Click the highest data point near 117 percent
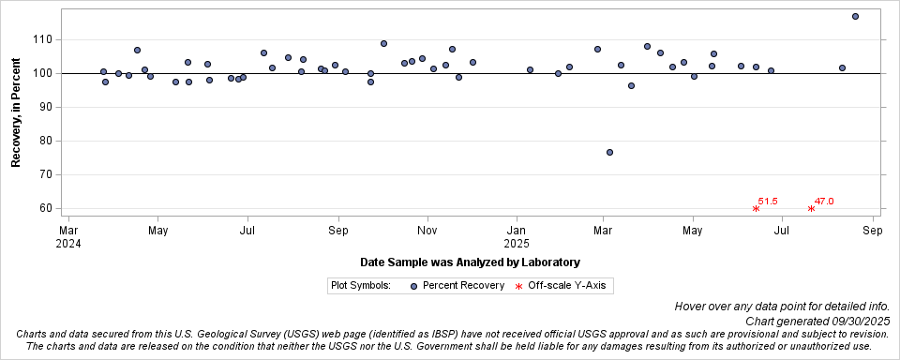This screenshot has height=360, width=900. click(x=855, y=16)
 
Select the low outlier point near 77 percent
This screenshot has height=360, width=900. click(x=609, y=152)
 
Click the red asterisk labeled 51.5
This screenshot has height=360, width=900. click(x=756, y=208)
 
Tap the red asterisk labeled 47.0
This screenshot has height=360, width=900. click(x=811, y=208)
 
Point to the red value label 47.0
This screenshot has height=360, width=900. click(x=824, y=201)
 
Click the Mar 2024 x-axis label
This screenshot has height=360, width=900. click(x=68, y=235)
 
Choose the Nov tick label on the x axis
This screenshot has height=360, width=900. click(x=427, y=229)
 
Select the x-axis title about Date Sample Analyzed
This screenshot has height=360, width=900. click(x=469, y=262)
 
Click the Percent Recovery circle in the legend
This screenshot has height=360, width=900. click(x=412, y=285)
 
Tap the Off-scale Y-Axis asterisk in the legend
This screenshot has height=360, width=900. click(x=518, y=285)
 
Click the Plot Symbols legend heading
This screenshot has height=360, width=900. click(x=360, y=285)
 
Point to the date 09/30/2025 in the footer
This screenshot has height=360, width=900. click(x=859, y=321)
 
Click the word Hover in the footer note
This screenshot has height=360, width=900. click(x=693, y=307)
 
